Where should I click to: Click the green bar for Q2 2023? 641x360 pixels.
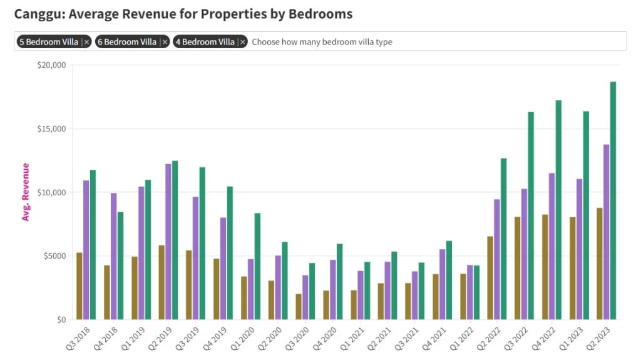[x=613, y=200]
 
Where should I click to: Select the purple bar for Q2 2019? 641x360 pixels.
[x=168, y=242]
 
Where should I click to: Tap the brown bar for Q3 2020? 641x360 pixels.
[x=299, y=307]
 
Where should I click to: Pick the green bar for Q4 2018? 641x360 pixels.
[x=120, y=265]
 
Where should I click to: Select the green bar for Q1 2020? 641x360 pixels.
[x=257, y=266]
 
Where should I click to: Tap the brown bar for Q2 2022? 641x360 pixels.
[x=490, y=278]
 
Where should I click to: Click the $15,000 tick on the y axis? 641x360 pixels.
[x=51, y=129]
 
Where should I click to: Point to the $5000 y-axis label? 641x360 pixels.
[x=54, y=256]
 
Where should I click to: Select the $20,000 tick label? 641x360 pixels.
[x=51, y=65]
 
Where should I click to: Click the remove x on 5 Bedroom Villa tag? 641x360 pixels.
[x=87, y=42]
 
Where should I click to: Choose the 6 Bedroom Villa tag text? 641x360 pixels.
[x=127, y=42]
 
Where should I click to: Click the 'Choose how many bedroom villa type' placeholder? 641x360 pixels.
[x=322, y=42]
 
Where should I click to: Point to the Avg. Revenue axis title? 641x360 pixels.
[x=26, y=192]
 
